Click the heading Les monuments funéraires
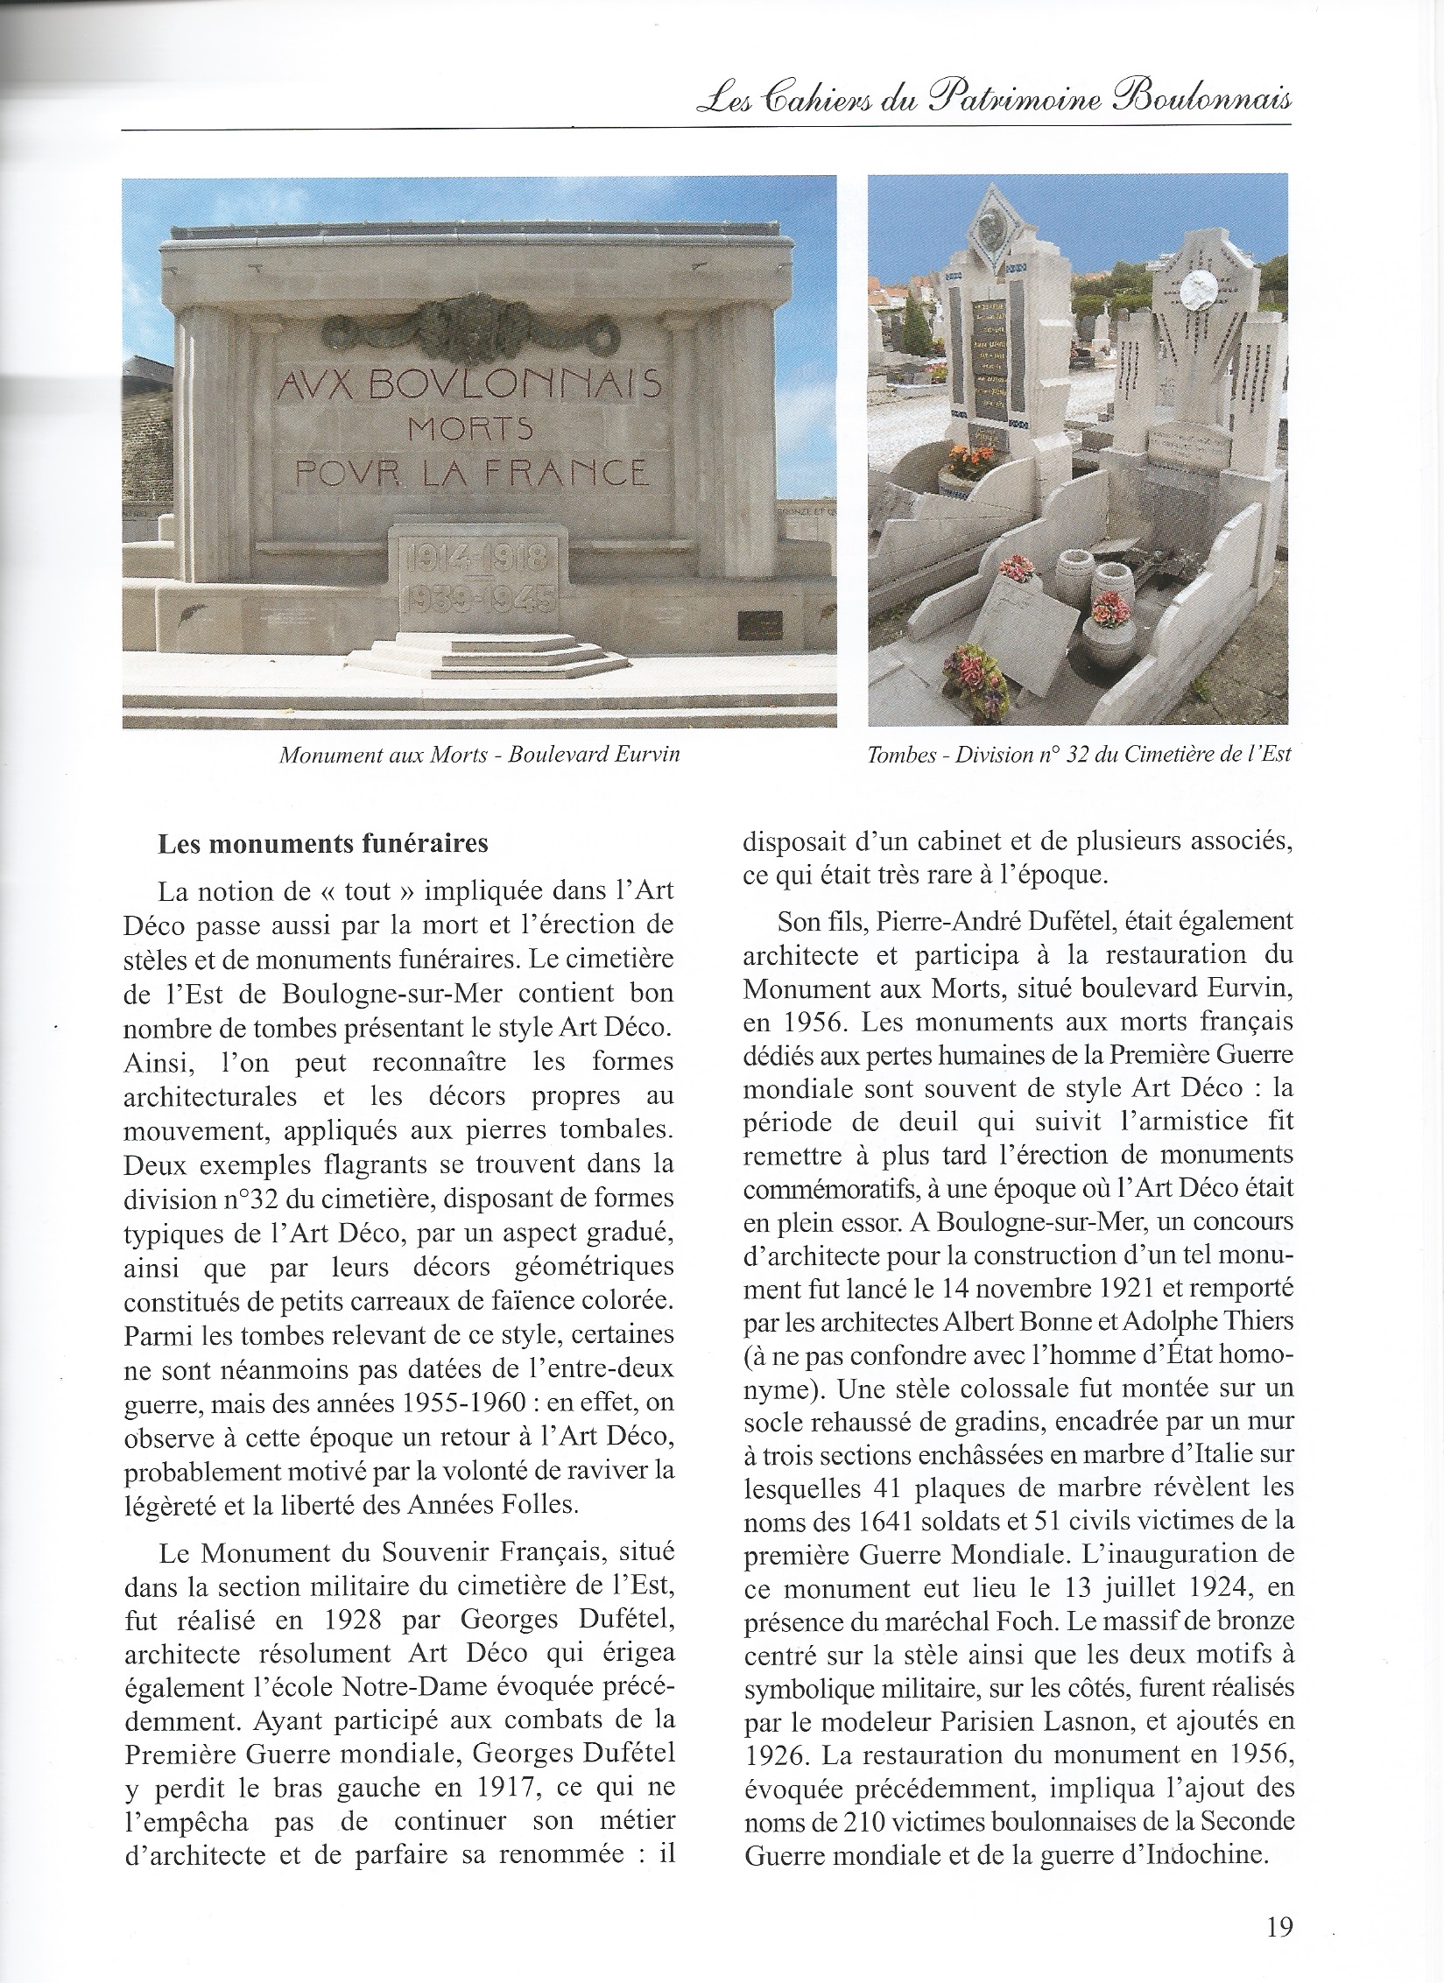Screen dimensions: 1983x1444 click(x=322, y=845)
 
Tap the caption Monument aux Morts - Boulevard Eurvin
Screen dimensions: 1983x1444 click(x=480, y=756)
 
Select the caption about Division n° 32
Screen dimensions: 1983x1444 click(x=1079, y=755)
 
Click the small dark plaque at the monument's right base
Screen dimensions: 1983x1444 click(x=758, y=624)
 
